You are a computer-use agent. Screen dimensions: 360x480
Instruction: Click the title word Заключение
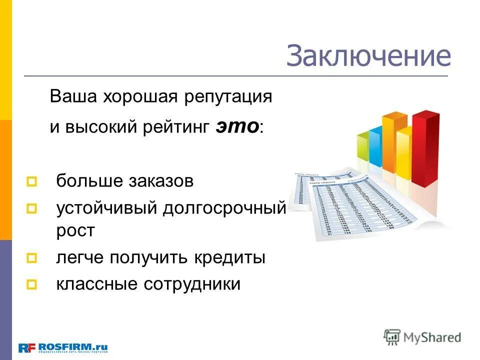368,56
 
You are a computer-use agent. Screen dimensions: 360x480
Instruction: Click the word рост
75,231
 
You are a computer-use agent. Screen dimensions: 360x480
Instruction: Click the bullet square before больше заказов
32,181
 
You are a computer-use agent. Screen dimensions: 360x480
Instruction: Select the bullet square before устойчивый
32,207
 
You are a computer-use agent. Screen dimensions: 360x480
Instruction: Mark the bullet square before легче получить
32,258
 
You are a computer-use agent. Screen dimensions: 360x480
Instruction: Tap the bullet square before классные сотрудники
32,284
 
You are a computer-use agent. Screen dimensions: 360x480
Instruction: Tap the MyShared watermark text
432,337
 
